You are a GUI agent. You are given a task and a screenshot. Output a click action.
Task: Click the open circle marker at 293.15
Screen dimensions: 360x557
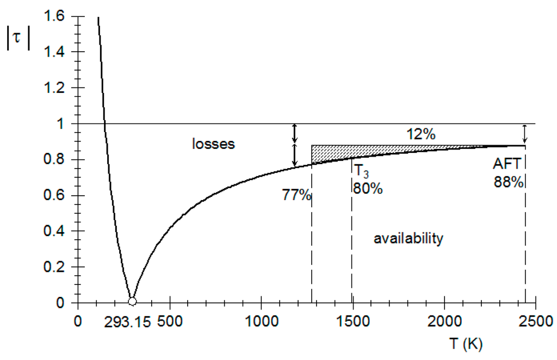[x=132, y=302]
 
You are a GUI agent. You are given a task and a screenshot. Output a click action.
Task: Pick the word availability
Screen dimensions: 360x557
[x=409, y=238]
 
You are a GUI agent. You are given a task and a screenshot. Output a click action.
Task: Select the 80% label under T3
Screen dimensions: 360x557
[x=368, y=189]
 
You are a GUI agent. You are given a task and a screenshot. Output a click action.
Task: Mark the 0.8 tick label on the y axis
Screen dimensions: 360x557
[x=55, y=160]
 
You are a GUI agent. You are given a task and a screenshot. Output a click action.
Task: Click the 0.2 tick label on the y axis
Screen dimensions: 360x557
[x=55, y=267]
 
